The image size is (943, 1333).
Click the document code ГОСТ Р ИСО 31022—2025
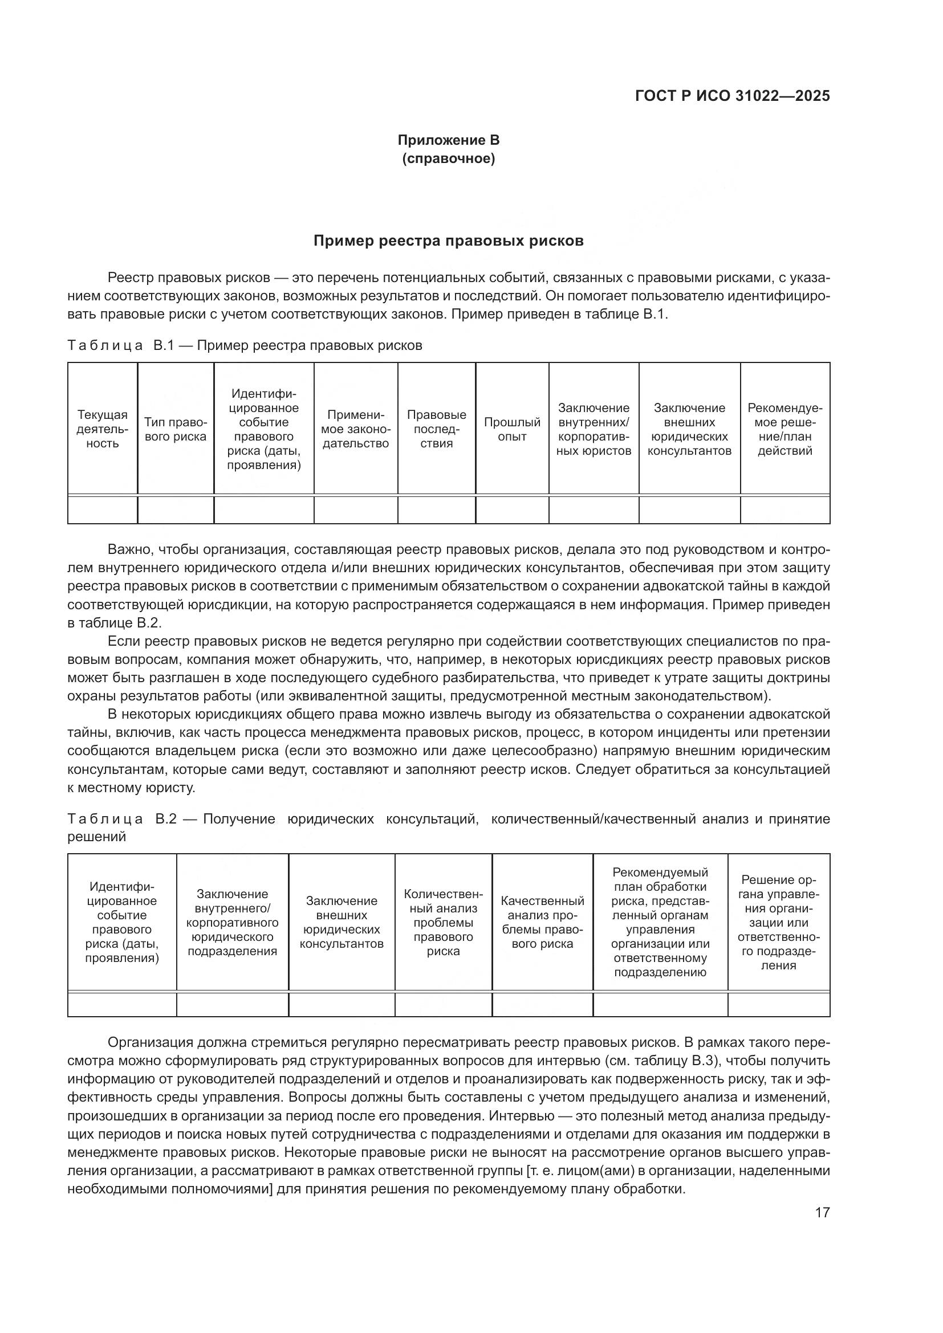732,96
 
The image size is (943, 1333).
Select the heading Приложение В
448,140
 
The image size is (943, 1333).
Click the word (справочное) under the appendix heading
448,158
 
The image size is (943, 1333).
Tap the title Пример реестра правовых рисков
448,240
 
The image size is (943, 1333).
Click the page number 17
822,1212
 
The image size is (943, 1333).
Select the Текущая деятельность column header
103,429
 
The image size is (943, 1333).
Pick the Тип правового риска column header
176,429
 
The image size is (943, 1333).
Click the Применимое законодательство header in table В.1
355,429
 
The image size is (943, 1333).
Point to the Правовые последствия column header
436,429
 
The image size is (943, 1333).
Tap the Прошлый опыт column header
511,429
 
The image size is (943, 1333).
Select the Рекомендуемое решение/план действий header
785,429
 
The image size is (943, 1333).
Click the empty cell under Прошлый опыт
511,509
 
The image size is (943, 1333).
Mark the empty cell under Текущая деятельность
103,509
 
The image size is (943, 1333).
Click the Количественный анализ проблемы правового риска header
443,922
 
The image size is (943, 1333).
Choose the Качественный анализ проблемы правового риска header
542,922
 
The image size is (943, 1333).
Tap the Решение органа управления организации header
778,922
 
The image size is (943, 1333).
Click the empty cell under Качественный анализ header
542,1004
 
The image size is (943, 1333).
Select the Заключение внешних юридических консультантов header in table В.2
342,922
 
